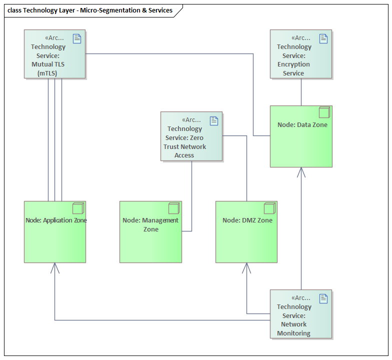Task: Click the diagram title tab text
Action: (90, 10)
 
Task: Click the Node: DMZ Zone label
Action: (247, 220)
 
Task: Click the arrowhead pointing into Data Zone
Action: (301, 172)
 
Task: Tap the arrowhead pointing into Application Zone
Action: (54, 268)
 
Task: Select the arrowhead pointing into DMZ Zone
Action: (246, 268)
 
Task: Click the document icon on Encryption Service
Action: (323, 38)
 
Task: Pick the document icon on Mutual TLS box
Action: (77, 38)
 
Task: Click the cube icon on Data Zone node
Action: (324, 112)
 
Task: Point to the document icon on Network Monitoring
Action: (323, 298)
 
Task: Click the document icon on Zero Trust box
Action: (214, 120)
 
